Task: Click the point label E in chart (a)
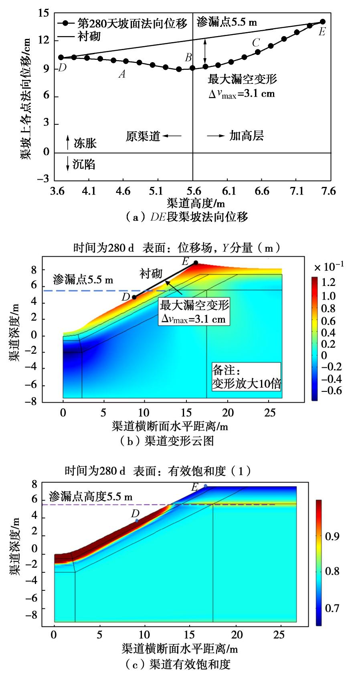tap(322, 32)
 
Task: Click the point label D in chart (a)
tap(62, 67)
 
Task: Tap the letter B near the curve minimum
tap(188, 58)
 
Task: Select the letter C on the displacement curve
tap(256, 43)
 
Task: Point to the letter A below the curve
tap(122, 74)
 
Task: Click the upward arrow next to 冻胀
tap(68, 142)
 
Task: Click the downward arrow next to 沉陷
tap(68, 164)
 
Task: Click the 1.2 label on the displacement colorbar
tap(329, 282)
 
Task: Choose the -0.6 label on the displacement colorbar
tap(333, 390)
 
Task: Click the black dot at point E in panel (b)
tap(196, 262)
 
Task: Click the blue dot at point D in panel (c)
tap(137, 521)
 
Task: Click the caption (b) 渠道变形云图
tap(167, 441)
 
